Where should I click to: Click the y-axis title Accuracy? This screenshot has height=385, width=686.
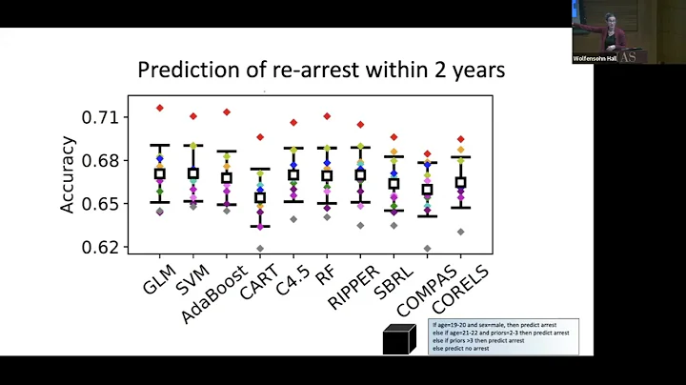68,174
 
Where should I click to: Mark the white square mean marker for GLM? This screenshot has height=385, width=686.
160,173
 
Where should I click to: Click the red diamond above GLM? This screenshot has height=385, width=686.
160,108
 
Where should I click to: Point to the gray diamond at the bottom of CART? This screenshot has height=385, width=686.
260,249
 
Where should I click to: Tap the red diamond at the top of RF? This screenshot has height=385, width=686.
327,116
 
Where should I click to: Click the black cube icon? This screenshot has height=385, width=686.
399,338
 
